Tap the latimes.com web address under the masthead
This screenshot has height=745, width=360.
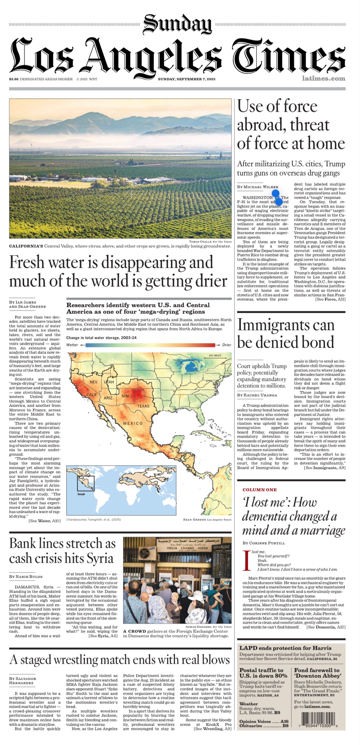pyautogui.click(x=324, y=79)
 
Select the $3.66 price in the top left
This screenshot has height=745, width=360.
pyautogui.click(x=14, y=79)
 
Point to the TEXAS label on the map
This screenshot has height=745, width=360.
pyautogui.click(x=143, y=406)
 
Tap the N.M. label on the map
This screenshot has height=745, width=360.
pyautogui.click(x=126, y=396)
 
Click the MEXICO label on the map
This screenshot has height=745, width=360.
pyautogui.click(x=133, y=424)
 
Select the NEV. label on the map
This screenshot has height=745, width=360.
pyautogui.click(x=94, y=382)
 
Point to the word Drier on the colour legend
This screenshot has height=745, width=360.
pyautogui.click(x=227, y=345)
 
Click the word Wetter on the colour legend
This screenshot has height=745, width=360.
pyautogui.click(x=72, y=345)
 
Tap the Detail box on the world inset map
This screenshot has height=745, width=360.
pyautogui.click(x=86, y=484)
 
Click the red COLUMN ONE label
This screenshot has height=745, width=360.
pyautogui.click(x=259, y=490)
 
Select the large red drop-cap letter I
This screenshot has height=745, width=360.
pyautogui.click(x=246, y=561)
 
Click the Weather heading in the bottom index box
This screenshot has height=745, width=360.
pyautogui.click(x=249, y=704)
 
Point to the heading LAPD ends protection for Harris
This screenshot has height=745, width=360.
pyautogui.click(x=285, y=648)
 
